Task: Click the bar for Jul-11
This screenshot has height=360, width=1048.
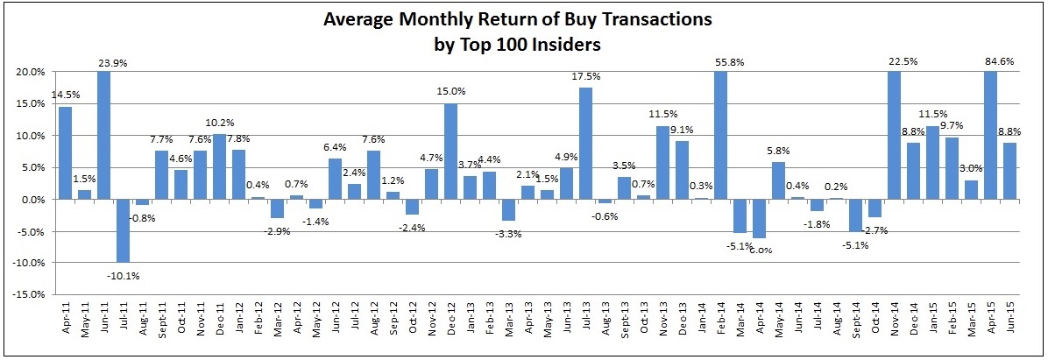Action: (123, 230)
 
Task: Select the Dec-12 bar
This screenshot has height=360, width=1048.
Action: (451, 152)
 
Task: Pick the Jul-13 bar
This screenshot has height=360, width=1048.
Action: (586, 144)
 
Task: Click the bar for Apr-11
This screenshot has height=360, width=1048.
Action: (65, 153)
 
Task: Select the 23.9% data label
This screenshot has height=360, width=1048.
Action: (103, 61)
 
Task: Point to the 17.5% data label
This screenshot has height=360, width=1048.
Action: (586, 77)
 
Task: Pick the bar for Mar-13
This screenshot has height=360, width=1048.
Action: (509, 210)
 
